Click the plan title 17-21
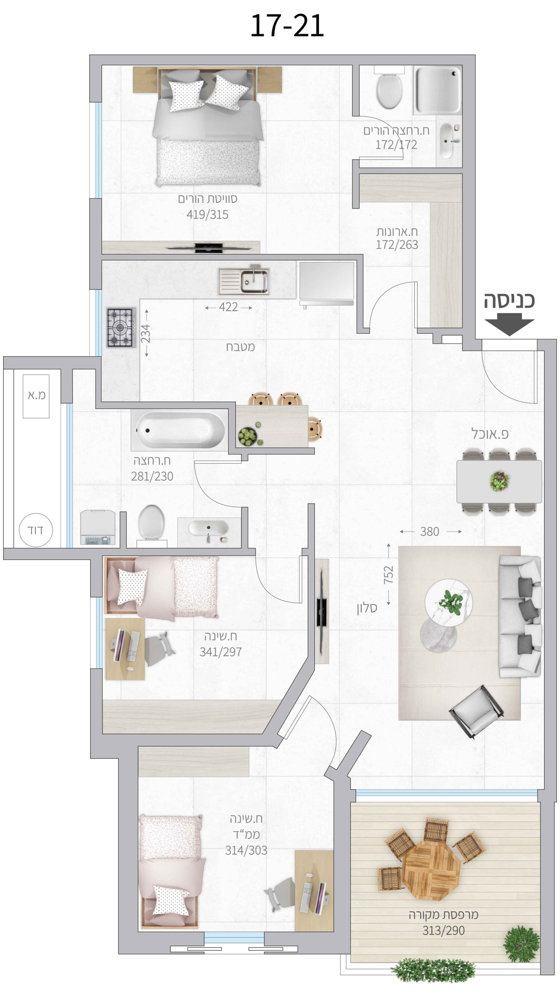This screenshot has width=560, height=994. (x=287, y=26)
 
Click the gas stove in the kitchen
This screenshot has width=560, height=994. (x=121, y=327)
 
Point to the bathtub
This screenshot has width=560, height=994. (x=178, y=430)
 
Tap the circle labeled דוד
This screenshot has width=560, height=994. (x=36, y=530)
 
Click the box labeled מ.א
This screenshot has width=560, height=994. (x=36, y=396)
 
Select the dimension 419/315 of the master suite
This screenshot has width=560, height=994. (x=208, y=214)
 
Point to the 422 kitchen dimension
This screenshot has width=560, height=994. (x=228, y=307)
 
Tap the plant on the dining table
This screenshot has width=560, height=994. (x=499, y=481)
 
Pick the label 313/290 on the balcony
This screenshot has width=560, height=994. (x=444, y=931)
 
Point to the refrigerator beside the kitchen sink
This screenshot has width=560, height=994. (x=326, y=283)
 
